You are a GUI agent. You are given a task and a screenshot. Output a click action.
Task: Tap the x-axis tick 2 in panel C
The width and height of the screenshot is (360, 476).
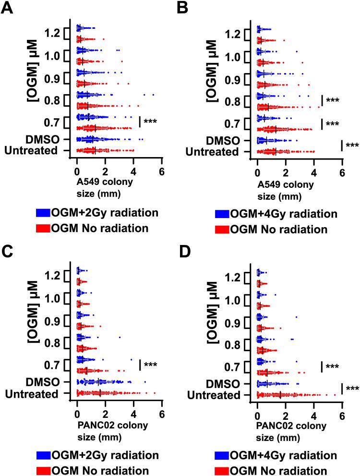tap(105, 414)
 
